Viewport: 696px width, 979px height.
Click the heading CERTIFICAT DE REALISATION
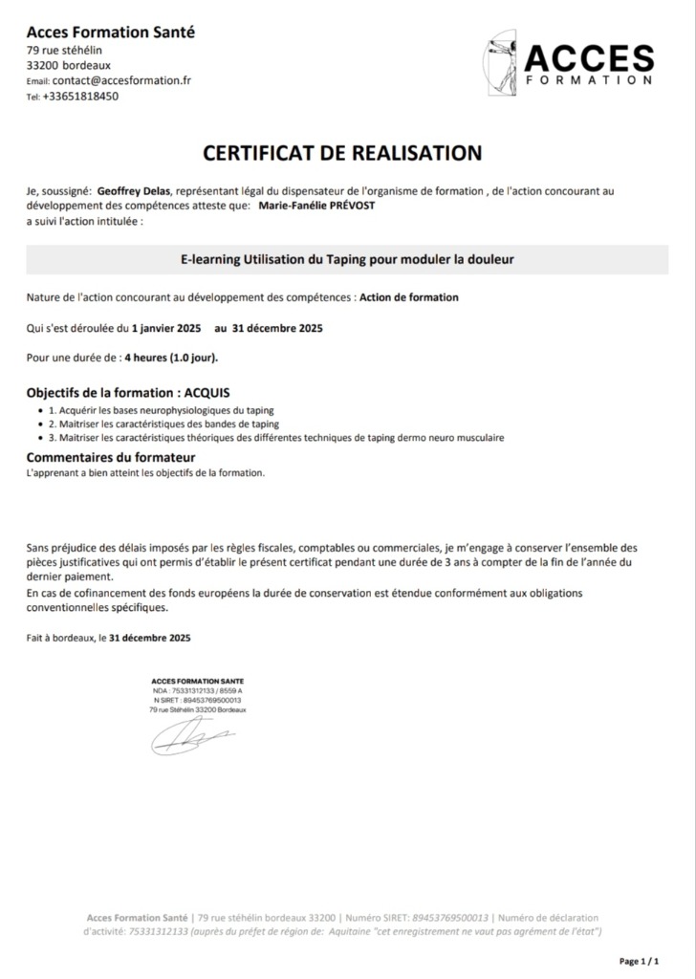(342, 153)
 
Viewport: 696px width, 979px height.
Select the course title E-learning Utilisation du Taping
(347, 259)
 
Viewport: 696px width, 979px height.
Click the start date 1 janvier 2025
(166, 328)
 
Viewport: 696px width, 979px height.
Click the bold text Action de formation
(408, 297)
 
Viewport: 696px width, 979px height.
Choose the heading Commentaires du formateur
(111, 458)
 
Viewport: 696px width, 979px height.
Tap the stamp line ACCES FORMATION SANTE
(197, 680)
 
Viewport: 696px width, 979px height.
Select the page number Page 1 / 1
(640, 961)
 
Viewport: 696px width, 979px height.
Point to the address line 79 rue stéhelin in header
(64, 50)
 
